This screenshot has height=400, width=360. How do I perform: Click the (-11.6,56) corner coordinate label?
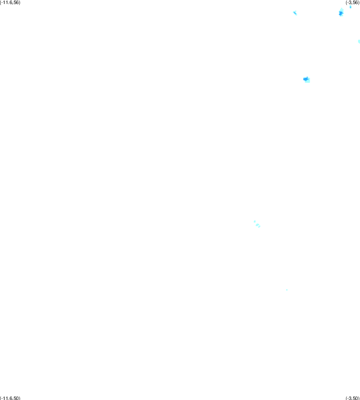[10, 2]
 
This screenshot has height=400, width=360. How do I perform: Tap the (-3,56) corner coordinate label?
[353, 2]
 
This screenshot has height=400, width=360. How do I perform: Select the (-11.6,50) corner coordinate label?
[10, 398]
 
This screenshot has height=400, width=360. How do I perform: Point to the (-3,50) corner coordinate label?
[353, 398]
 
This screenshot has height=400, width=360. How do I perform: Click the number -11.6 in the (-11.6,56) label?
[7, 2]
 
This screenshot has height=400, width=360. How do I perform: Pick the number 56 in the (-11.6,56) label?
[16, 2]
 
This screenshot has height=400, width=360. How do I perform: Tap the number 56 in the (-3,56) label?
[356, 2]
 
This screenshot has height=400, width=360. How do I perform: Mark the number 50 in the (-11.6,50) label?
[16, 398]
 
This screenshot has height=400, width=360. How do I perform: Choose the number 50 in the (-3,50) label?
[356, 398]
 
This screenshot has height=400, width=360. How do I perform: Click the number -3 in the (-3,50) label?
[349, 398]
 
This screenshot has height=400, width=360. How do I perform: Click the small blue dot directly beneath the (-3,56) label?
[350, 7]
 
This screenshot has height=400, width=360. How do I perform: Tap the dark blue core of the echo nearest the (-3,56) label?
[341, 13]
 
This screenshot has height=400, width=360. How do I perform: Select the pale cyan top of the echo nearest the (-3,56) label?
[342, 10]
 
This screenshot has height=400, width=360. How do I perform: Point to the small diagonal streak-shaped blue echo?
[295, 13]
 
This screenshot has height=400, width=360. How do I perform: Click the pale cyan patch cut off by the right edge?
[359, 41]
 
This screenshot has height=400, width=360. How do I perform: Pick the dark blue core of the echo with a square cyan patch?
[306, 79]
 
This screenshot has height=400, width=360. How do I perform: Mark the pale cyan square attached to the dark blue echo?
[308, 80]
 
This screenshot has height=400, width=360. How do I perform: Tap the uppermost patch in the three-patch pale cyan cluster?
[254, 221]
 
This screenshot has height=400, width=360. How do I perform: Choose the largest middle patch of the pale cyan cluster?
[257, 225]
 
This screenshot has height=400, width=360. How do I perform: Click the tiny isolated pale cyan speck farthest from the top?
[287, 290]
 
